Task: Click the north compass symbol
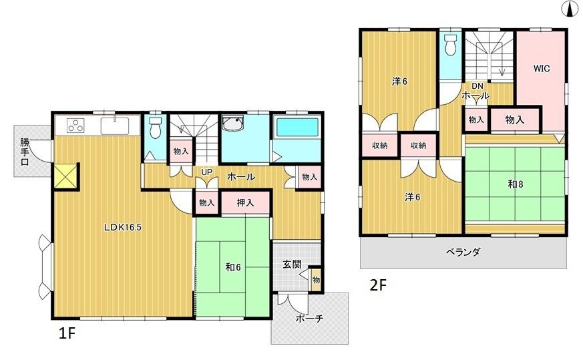point(572,9)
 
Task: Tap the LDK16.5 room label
point(122,226)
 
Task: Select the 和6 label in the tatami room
point(233,267)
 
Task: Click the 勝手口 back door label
point(25,152)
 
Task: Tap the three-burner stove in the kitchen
point(75,126)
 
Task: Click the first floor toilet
point(155,127)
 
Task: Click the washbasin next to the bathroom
point(234,125)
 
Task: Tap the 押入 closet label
point(246,202)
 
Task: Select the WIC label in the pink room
point(541,67)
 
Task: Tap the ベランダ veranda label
point(463,252)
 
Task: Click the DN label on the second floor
point(478,85)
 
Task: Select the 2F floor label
point(379,285)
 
